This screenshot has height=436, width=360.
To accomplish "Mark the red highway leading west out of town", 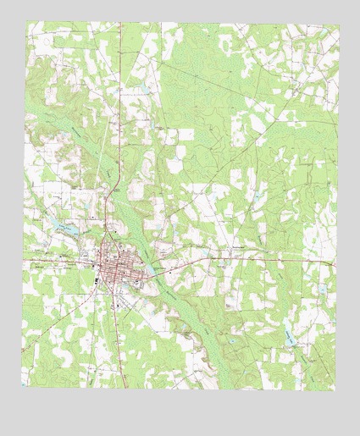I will point(59,257).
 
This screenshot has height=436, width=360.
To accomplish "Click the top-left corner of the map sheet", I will point(25,23).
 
